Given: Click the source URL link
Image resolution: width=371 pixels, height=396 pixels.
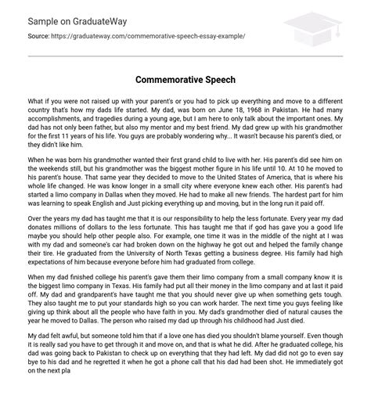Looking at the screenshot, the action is [x=140, y=37].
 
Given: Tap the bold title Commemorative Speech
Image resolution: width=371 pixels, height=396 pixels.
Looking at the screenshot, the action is [x=185, y=80].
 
